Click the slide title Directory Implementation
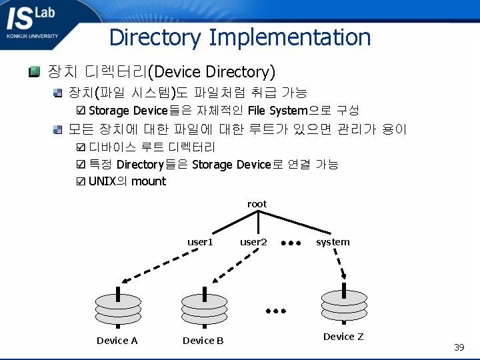(x=240, y=37)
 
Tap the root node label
(x=257, y=204)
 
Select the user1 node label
(x=200, y=242)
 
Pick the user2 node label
(x=253, y=242)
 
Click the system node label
(x=333, y=242)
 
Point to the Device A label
(x=117, y=341)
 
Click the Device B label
(x=203, y=341)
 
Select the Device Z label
(x=343, y=337)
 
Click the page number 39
(x=459, y=347)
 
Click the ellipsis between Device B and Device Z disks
(x=275, y=311)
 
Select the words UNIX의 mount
(x=127, y=181)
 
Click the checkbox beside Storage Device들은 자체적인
(x=81, y=111)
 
